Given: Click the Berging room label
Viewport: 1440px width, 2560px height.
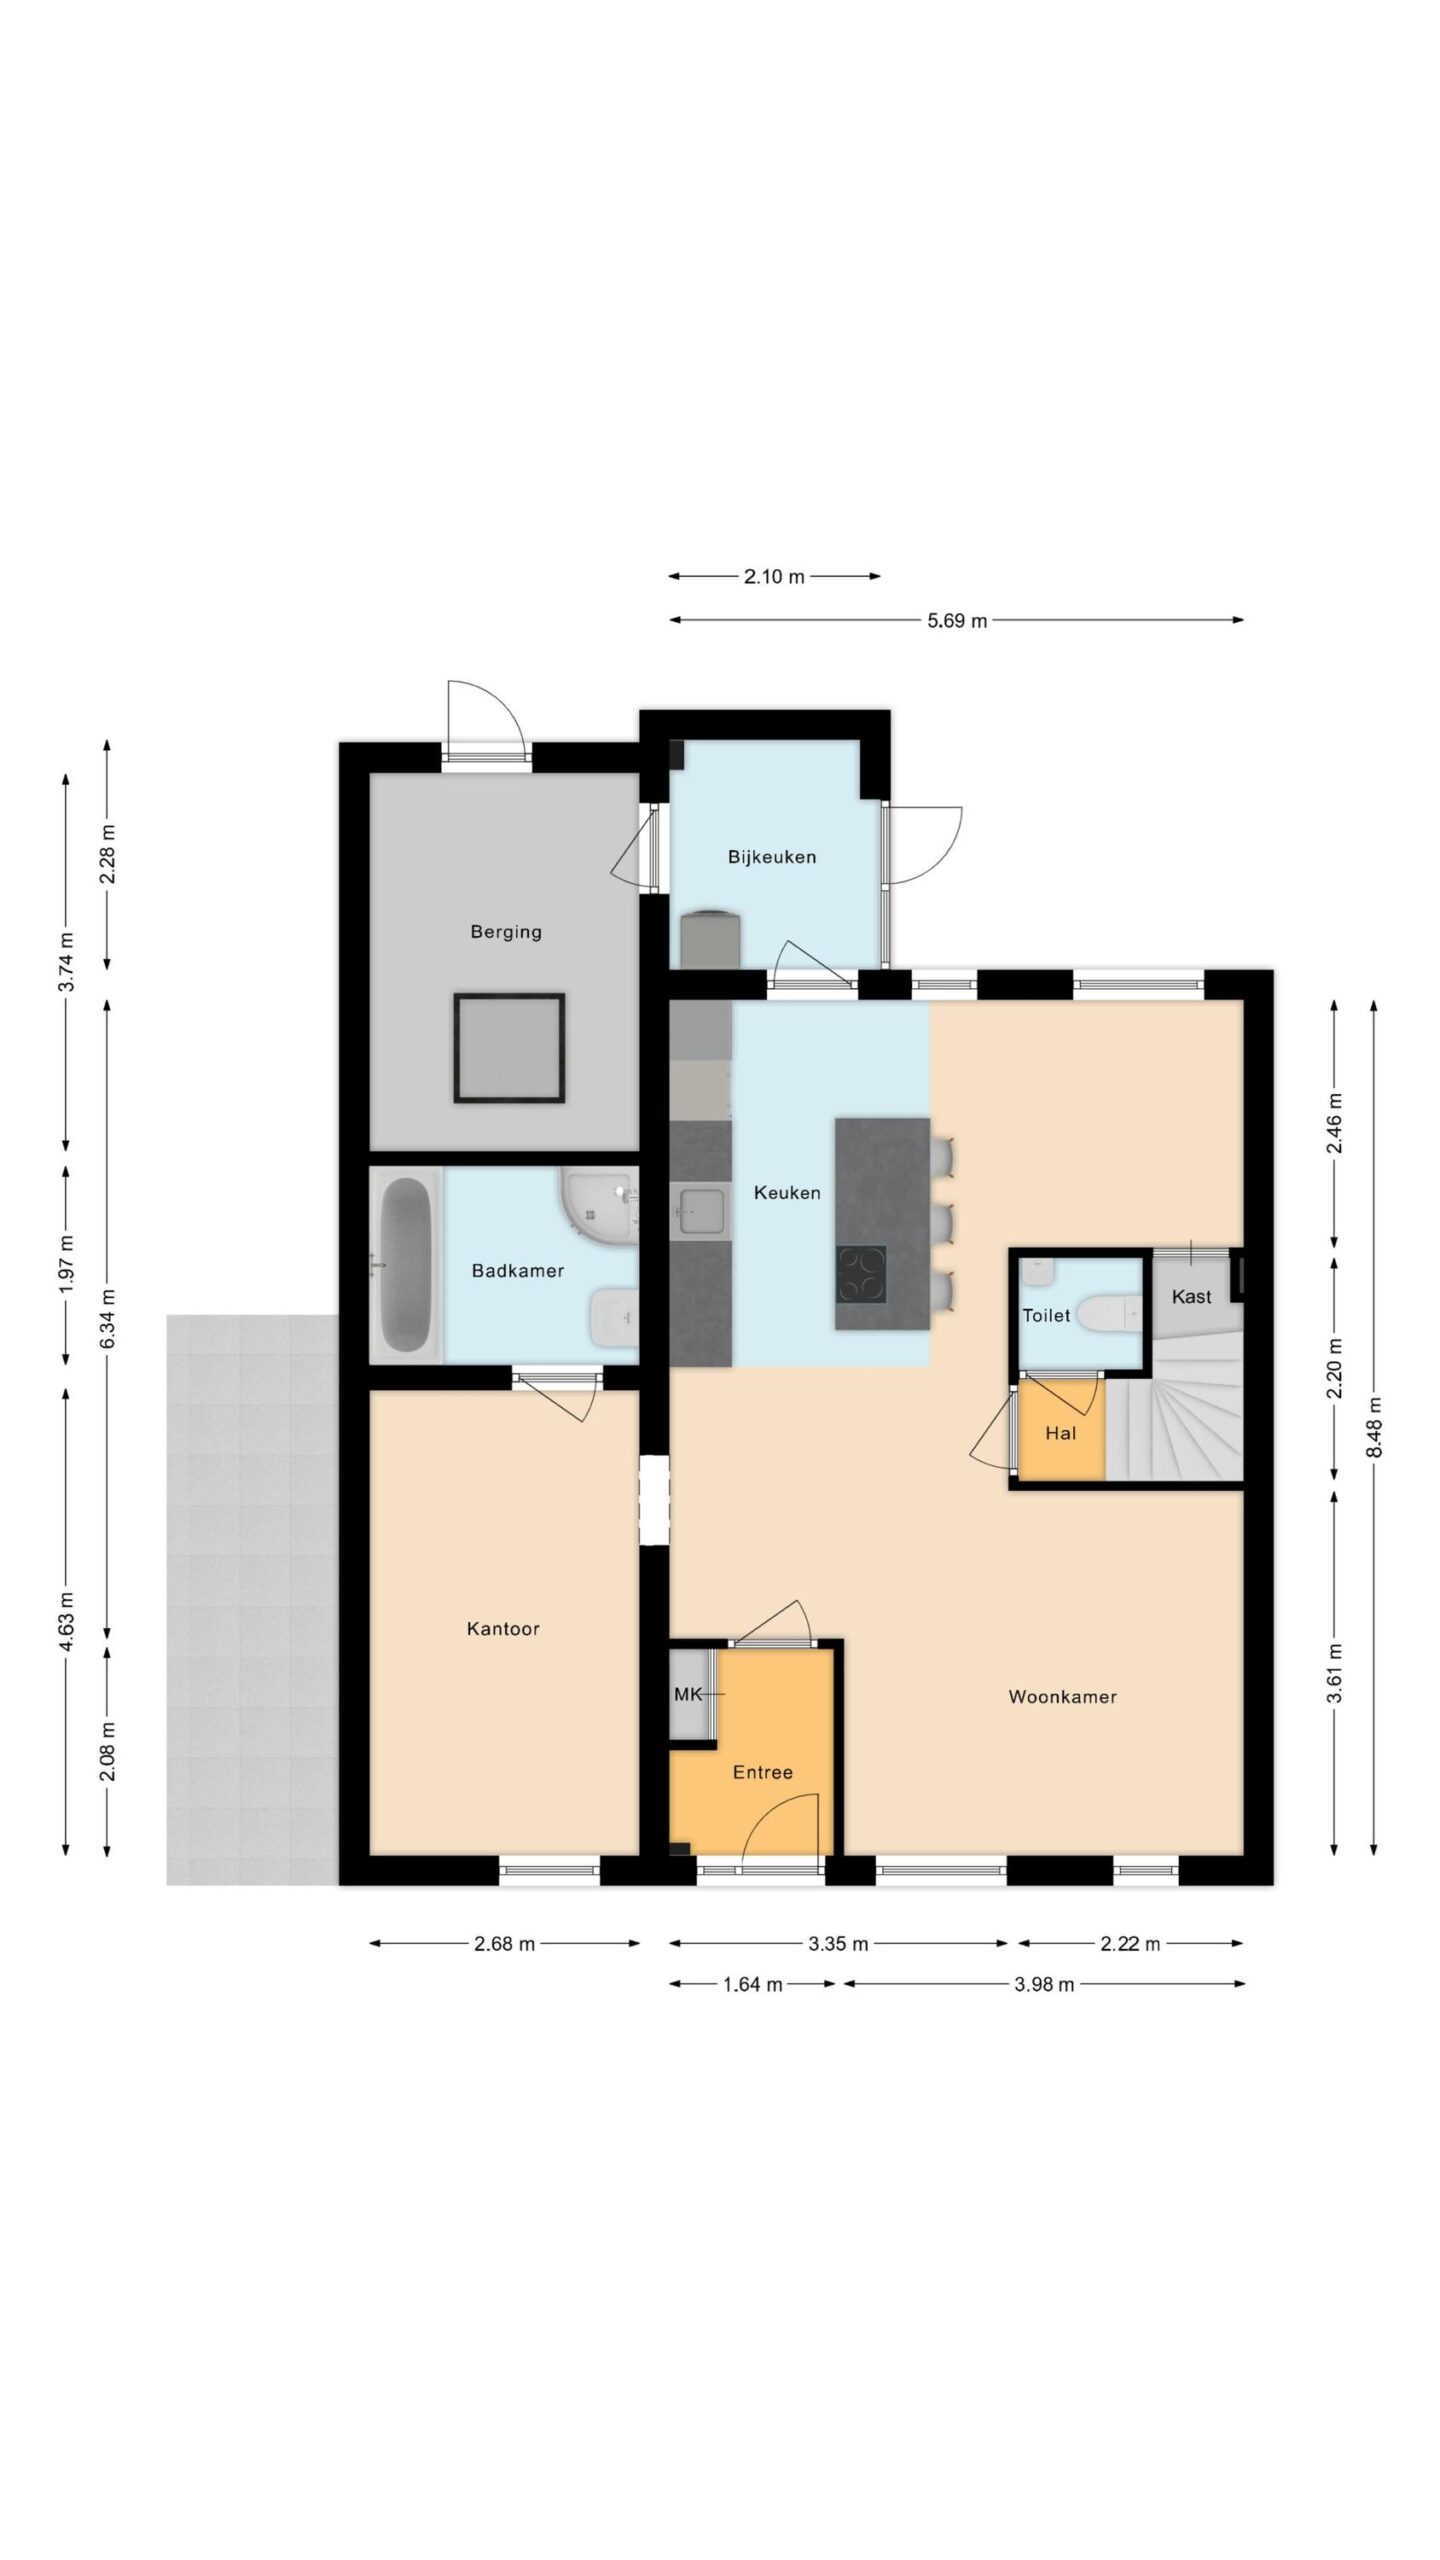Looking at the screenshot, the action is pos(506,932).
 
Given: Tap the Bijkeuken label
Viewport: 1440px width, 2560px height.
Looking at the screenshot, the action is pos(771,857).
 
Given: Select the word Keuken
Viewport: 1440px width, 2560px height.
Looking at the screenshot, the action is pos(787,1192).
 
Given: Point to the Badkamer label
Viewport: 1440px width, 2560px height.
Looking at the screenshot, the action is pos(518,1271).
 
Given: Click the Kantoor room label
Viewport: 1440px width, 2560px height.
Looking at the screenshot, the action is pos(503,1629).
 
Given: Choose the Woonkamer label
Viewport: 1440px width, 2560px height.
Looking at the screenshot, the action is pos(1062,1697).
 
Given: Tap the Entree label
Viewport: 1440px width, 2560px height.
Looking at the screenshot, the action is pos(763,1772).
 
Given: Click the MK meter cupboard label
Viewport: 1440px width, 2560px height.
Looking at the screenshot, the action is pos(688,1694).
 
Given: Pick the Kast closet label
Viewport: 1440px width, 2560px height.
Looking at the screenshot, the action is pos(1191,1297).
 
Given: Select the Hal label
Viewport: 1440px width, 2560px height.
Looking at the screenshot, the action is pos(1060,1433).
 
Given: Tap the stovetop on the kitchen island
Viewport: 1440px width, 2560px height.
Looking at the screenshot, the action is pos(861,1274).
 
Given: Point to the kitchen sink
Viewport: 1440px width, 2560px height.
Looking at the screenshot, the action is pos(702,1212).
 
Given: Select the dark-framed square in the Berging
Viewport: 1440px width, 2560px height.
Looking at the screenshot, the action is pos(509,1047).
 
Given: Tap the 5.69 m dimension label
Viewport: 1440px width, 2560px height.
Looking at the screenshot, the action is pos(957,620).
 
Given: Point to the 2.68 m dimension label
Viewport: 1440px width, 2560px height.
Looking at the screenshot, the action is pos(504,1943).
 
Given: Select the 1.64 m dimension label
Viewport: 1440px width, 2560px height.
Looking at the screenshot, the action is pos(752,1985).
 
